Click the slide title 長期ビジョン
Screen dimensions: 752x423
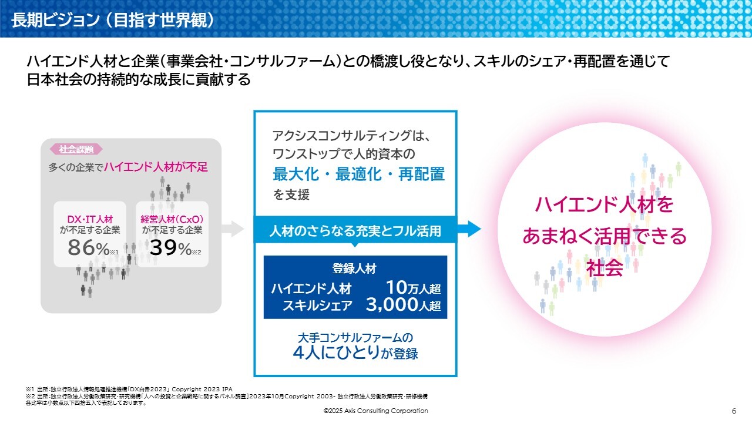pyautogui.click(x=55, y=20)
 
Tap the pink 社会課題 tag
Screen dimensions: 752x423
pyautogui.click(x=76, y=149)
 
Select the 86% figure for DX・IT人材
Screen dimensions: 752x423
pyautogui.click(x=89, y=248)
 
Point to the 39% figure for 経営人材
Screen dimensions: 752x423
pyautogui.click(x=170, y=248)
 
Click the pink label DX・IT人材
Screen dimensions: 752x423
pyautogui.click(x=90, y=219)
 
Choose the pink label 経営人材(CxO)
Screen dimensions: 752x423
pyautogui.click(x=172, y=219)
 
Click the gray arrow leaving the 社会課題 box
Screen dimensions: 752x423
pyautogui.click(x=233, y=229)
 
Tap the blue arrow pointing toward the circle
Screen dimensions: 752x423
pyautogui.click(x=469, y=229)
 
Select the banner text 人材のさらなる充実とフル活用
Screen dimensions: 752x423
pyautogui.click(x=355, y=231)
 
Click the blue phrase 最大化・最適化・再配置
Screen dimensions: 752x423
pyautogui.click(x=358, y=174)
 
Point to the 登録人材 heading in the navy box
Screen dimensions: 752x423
pyautogui.click(x=354, y=268)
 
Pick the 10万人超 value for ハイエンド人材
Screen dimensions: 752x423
pyautogui.click(x=413, y=288)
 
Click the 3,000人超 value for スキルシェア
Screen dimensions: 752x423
pyautogui.click(x=403, y=305)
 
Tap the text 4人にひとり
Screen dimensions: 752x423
pyautogui.click(x=337, y=352)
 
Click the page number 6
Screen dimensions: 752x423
pyautogui.click(x=734, y=411)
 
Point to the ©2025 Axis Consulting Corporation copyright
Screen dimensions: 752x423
pyautogui.click(x=375, y=411)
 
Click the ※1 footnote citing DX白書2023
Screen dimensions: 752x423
pyautogui.click(x=129, y=390)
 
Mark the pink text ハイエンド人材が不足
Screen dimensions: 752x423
pyautogui.click(x=156, y=167)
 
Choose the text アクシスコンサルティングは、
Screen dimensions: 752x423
pyautogui.click(x=351, y=136)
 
